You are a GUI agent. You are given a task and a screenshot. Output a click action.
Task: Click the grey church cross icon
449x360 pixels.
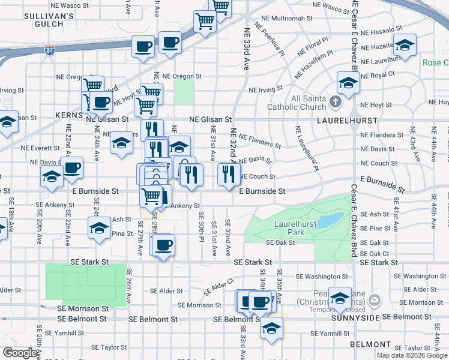click(x=336, y=103)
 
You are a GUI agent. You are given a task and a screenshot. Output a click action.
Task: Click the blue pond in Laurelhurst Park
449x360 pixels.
click(x=330, y=220)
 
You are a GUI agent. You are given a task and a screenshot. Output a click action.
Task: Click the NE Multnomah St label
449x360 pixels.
click(x=284, y=19)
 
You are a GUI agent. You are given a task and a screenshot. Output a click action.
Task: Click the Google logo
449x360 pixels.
click(x=20, y=353)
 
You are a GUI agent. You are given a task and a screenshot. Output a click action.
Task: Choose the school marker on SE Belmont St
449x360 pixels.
click(x=271, y=328)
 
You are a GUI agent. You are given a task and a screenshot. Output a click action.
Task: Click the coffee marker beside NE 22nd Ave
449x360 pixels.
click(x=72, y=168)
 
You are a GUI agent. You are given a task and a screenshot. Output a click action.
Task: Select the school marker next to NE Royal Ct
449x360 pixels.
click(x=348, y=82)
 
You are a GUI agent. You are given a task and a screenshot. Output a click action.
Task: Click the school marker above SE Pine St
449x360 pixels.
click(x=99, y=227)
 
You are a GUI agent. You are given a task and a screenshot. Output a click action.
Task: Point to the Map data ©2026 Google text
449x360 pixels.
click(x=412, y=355)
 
